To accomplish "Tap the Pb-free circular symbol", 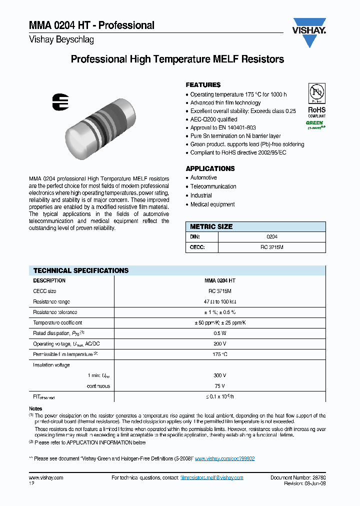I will (316, 93).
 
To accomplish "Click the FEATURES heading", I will (203, 85).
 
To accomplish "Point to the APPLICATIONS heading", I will (210, 168).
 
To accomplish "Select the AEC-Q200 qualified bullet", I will (213, 119).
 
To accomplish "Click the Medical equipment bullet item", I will (212, 204).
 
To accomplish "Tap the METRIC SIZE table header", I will (211, 226).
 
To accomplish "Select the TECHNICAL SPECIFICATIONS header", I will (81, 270).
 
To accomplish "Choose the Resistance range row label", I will (51, 301).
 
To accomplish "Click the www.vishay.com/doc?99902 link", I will (224, 458).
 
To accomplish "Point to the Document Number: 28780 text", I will (298, 477).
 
